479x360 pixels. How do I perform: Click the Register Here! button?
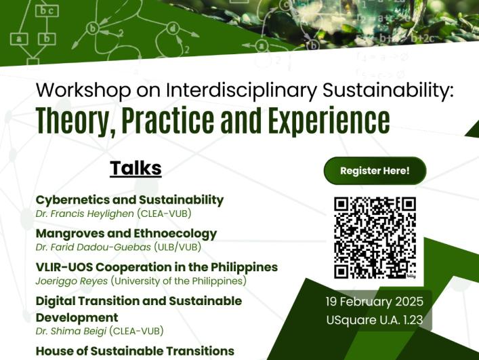point(375,171)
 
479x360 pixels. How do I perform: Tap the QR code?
point(375,238)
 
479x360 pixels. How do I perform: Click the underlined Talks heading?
point(136,168)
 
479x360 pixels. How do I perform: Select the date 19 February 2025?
point(375,302)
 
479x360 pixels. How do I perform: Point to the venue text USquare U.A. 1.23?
point(375,320)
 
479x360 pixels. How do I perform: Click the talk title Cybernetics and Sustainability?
point(129,200)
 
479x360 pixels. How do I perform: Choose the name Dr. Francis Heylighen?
point(85,214)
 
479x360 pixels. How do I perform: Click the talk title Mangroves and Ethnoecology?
point(126,233)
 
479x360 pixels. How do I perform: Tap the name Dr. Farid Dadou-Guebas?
point(93,247)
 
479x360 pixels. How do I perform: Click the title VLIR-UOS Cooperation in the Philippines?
point(157,267)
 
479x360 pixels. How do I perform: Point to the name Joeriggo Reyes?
point(72,281)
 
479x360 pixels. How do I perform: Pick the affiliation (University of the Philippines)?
point(178,281)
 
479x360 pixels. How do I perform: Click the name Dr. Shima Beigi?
point(71,331)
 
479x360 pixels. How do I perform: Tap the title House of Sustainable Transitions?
point(135,351)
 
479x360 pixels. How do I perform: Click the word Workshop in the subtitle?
point(83,90)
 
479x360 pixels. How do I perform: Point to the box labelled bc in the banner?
point(47,11)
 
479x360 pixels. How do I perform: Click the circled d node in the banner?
point(173,29)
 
